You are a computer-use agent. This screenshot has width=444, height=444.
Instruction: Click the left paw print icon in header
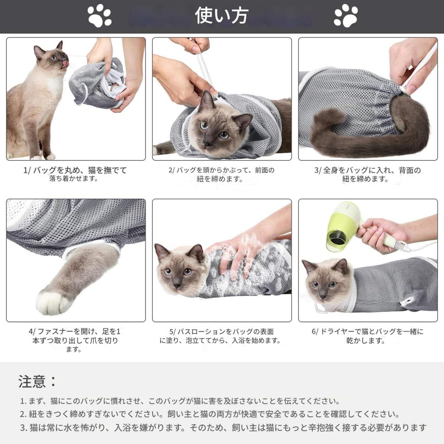(x=100, y=16)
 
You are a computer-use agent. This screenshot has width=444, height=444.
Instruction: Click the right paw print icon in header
(x=346, y=16)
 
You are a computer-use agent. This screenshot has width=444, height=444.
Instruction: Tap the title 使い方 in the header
(x=221, y=16)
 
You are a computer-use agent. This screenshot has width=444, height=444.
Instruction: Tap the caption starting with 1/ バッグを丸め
(x=75, y=174)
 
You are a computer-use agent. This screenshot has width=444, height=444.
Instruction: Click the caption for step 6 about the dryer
(x=368, y=336)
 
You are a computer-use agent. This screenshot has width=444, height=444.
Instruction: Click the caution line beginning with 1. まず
(x=180, y=401)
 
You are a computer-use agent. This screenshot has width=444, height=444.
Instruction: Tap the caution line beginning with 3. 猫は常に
(x=223, y=428)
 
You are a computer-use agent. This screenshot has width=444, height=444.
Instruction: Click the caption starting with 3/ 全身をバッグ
(x=367, y=174)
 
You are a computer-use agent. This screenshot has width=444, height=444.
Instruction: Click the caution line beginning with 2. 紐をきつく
(x=210, y=414)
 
